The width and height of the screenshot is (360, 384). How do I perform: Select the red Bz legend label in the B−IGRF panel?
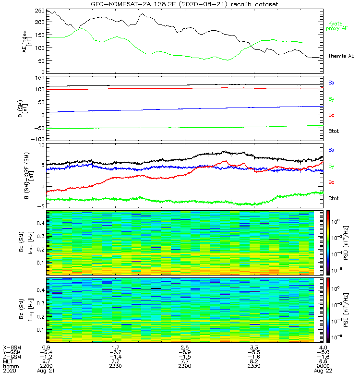pos(331,182)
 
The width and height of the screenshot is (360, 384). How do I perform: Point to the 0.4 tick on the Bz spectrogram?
pos(40,290)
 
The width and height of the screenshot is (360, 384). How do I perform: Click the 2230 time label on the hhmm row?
pos(116,366)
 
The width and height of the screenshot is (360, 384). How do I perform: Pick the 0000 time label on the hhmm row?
pos(324,366)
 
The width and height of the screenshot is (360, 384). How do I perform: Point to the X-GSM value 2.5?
pos(185,347)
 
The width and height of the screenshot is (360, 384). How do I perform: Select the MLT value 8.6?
pos(324,361)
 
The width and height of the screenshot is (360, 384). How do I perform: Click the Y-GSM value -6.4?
pos(46,352)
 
